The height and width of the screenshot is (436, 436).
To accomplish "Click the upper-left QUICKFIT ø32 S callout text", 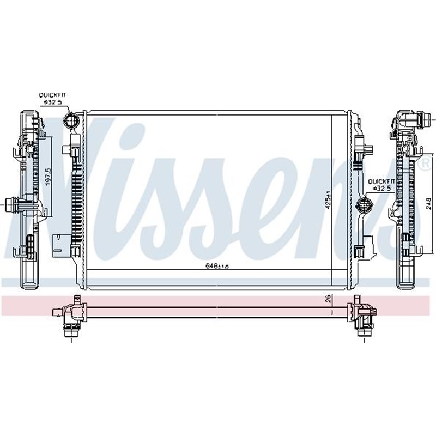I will (x=53, y=98).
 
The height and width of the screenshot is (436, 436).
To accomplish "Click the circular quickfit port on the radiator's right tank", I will (x=362, y=205).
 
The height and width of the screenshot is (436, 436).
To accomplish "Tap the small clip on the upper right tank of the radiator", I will (x=362, y=148).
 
